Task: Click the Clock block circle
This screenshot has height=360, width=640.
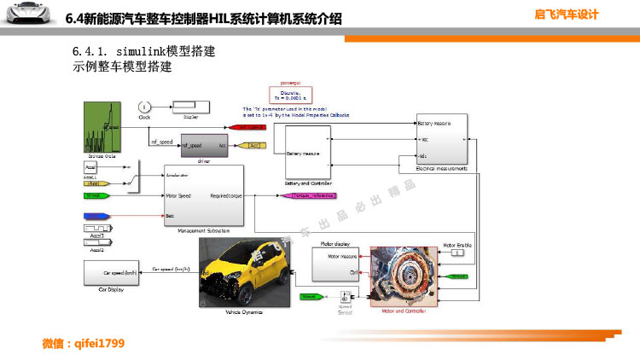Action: [x=143, y=107]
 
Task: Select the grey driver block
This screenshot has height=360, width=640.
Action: [x=204, y=144]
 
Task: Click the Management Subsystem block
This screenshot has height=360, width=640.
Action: [x=203, y=196]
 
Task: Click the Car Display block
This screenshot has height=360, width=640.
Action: [x=116, y=273]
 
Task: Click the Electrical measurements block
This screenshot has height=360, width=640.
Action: [x=441, y=138]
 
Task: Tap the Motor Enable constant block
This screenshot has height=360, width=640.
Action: [x=457, y=253]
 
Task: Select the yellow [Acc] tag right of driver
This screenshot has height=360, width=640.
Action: [x=254, y=146]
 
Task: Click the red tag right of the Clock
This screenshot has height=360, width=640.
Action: [x=247, y=127]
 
